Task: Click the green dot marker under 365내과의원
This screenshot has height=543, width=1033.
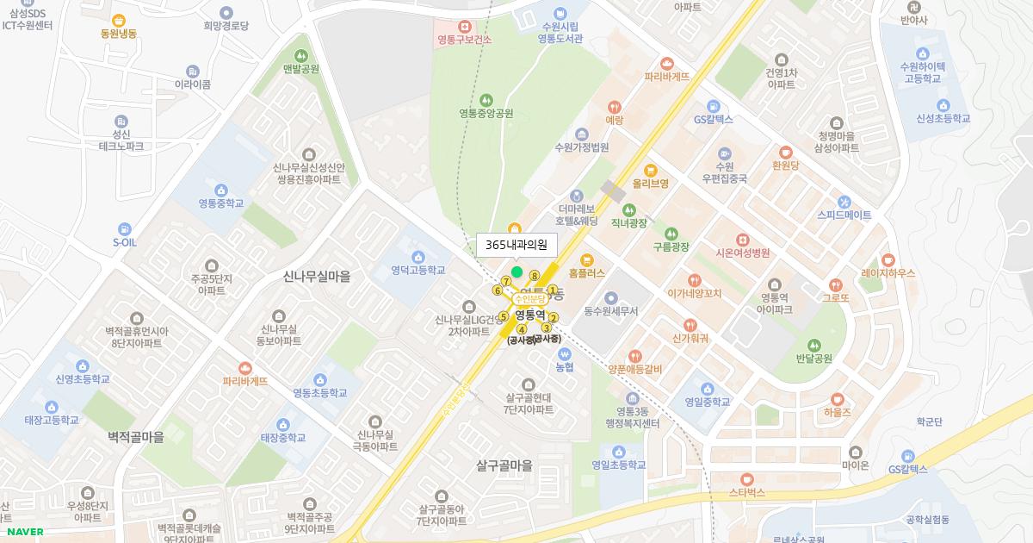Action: (x=516, y=272)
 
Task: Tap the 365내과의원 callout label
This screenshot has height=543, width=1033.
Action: (x=516, y=245)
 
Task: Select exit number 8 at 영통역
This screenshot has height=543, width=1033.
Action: (x=535, y=276)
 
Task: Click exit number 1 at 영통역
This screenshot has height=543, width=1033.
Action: (x=554, y=290)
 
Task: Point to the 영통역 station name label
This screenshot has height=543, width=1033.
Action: (x=531, y=314)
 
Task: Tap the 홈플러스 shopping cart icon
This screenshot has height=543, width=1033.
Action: (x=587, y=259)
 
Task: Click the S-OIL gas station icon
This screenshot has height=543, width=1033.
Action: (x=125, y=228)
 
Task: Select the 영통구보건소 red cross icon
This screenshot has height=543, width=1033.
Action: (x=465, y=26)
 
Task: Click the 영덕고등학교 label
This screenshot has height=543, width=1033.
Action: (x=418, y=271)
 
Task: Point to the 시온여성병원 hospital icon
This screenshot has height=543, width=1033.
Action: (x=742, y=240)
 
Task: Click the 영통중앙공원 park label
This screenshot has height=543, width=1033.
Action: (x=486, y=114)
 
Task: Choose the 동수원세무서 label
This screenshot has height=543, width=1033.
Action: (x=611, y=311)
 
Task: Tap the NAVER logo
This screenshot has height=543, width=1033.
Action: (x=24, y=532)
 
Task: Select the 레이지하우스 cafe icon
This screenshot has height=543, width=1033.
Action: (x=888, y=259)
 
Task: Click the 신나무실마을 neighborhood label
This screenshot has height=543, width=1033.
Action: (x=317, y=277)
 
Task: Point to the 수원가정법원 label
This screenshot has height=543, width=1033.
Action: (x=582, y=147)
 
